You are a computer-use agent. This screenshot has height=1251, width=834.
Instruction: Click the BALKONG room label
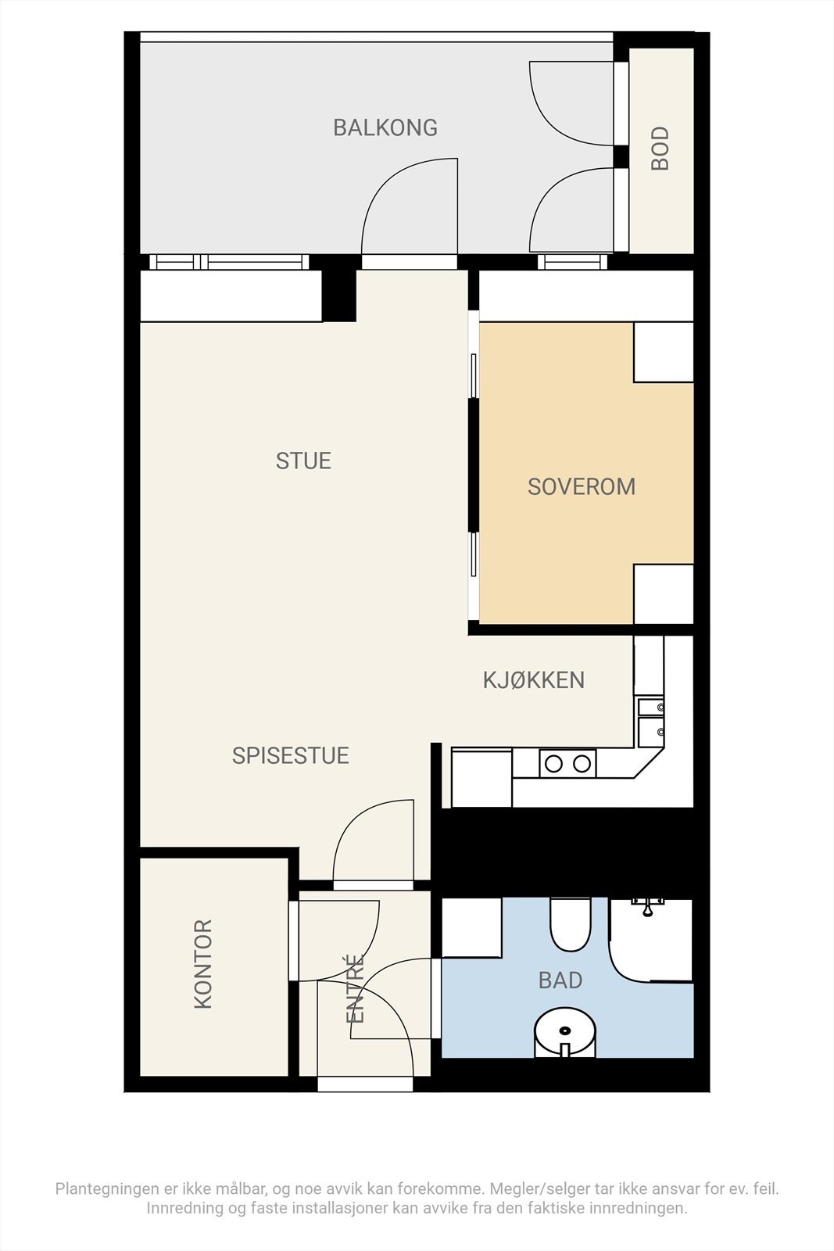[385, 128]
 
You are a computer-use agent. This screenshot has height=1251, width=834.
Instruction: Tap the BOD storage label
[660, 148]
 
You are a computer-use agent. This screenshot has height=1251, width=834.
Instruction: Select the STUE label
[303, 461]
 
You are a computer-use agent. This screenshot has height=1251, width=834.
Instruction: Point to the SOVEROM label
[581, 486]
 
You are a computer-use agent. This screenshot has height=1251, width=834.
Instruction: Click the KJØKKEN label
[534, 679]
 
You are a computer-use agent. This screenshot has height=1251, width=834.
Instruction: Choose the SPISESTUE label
[290, 755]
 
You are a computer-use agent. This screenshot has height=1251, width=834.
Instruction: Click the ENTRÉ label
[355, 988]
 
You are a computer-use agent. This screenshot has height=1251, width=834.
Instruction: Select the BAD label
[560, 980]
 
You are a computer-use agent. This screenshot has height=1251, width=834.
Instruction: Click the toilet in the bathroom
[570, 924]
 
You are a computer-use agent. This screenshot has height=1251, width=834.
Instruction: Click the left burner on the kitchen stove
[553, 763]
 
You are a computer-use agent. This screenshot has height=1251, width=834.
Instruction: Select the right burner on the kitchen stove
[582, 763]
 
